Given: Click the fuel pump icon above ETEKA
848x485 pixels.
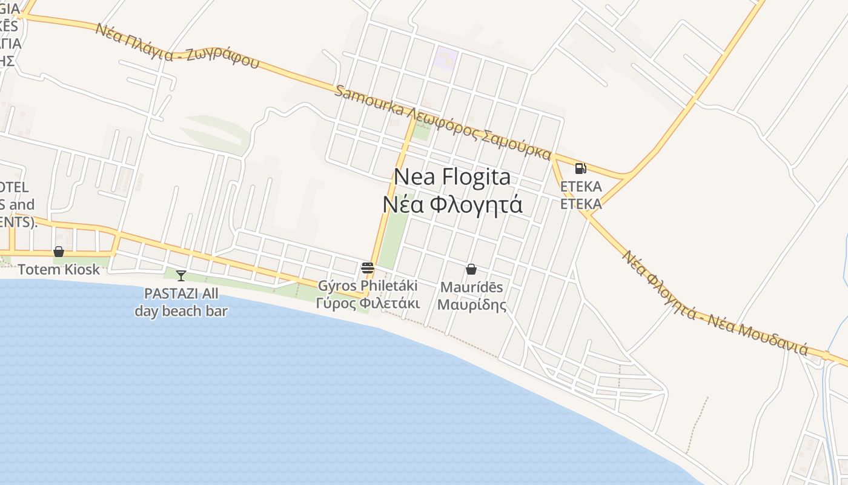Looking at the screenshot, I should click(580, 169).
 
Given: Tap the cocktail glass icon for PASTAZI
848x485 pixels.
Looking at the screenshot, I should click(181, 276).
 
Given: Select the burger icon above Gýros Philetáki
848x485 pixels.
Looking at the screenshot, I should click(367, 268).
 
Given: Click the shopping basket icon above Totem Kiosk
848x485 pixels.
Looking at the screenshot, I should click(59, 251).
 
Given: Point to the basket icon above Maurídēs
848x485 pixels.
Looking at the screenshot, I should click(471, 269).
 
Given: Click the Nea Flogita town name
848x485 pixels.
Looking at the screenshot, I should click(452, 177).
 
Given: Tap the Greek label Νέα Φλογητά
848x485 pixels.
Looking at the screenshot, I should click(452, 204).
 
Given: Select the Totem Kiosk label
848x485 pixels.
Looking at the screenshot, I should click(59, 269).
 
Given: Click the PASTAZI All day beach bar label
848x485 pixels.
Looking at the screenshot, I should click(181, 303).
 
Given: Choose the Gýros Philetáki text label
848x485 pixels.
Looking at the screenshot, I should click(368, 285).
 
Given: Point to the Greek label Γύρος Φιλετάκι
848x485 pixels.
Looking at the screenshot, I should click(368, 302).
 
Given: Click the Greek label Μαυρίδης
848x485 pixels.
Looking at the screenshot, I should click(471, 304).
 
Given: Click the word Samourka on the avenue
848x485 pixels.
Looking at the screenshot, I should click(369, 101).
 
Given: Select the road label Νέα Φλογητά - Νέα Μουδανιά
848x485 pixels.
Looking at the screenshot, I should click(715, 304).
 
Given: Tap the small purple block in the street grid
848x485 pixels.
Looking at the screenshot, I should click(446, 58).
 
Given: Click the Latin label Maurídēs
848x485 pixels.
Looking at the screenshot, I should click(471, 287).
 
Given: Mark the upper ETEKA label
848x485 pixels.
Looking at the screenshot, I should click(581, 186).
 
